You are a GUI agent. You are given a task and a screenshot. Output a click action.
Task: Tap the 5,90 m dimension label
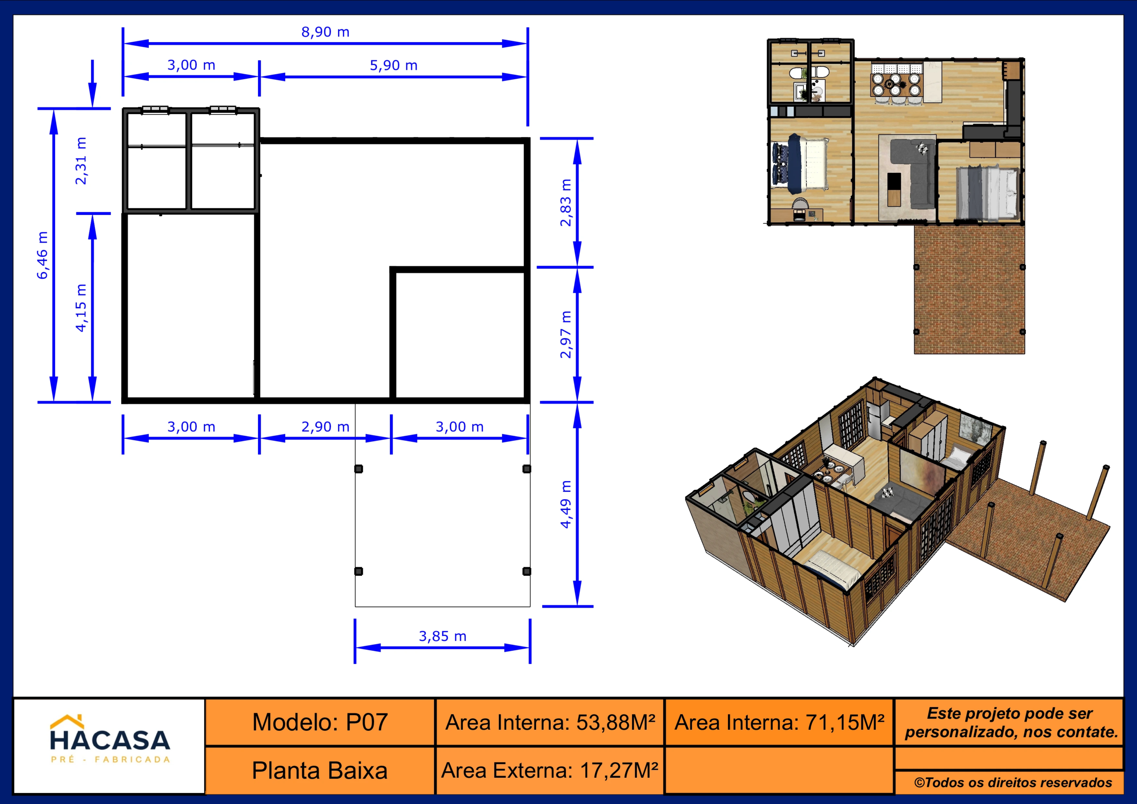point(394,65)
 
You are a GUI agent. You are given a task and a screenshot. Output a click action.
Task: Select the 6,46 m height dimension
point(43,255)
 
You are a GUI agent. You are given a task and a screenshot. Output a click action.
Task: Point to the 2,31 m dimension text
point(81,161)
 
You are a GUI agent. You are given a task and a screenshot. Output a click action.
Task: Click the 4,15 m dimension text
point(81,308)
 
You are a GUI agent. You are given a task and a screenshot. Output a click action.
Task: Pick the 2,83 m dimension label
point(565,203)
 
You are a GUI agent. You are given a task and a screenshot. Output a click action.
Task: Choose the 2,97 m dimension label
point(565,334)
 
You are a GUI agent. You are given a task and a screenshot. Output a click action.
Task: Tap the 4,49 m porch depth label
point(565,504)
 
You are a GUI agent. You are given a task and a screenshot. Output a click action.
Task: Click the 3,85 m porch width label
point(443,636)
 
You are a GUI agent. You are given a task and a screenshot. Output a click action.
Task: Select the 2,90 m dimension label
point(326,426)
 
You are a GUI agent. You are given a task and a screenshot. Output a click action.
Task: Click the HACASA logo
point(110,739)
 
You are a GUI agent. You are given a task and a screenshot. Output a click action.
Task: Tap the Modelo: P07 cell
point(320,722)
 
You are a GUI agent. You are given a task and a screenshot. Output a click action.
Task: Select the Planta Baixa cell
point(320,771)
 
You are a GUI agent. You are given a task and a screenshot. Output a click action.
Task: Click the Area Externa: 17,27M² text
point(550,771)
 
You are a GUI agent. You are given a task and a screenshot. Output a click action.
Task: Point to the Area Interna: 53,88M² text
point(550,723)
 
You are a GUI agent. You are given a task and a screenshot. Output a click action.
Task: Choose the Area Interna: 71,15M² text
point(779,723)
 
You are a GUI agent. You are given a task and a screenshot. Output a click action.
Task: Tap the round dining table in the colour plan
point(896,85)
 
